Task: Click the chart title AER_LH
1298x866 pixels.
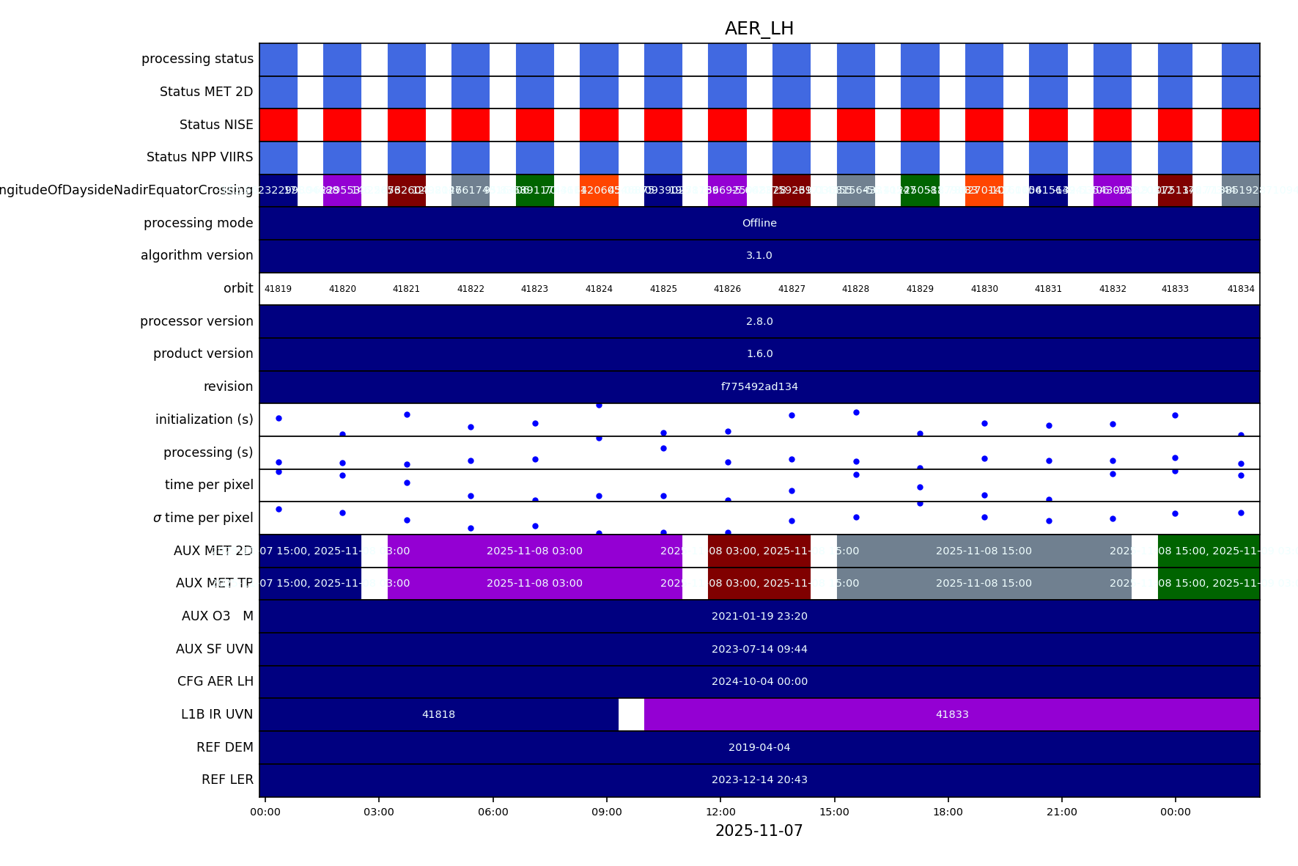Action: click(x=759, y=29)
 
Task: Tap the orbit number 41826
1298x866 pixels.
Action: click(x=727, y=289)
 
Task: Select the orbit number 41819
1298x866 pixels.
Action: click(x=278, y=289)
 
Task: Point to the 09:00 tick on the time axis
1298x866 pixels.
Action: click(x=607, y=812)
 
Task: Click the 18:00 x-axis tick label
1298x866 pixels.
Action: click(x=948, y=812)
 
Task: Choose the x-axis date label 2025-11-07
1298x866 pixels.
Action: click(x=759, y=831)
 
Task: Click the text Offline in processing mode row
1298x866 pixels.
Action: click(x=759, y=223)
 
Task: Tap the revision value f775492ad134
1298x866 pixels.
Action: click(x=759, y=386)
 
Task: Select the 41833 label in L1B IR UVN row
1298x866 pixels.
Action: click(x=952, y=714)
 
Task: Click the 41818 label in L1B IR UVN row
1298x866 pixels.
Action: click(x=438, y=714)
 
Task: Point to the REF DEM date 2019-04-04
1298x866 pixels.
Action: click(x=759, y=747)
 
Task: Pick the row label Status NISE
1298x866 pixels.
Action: click(x=216, y=125)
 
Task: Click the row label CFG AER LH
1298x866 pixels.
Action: click(x=215, y=681)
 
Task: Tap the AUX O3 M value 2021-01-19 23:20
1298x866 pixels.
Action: click(x=759, y=616)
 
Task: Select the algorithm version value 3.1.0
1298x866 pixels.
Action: click(x=759, y=255)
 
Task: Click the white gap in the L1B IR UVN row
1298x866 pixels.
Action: click(x=631, y=714)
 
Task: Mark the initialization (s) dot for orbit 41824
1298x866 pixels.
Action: click(x=599, y=406)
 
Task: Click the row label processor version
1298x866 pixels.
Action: click(x=196, y=321)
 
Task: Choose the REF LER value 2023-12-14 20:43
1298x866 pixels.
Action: click(x=759, y=779)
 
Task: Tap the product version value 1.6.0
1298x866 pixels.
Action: click(x=759, y=353)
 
